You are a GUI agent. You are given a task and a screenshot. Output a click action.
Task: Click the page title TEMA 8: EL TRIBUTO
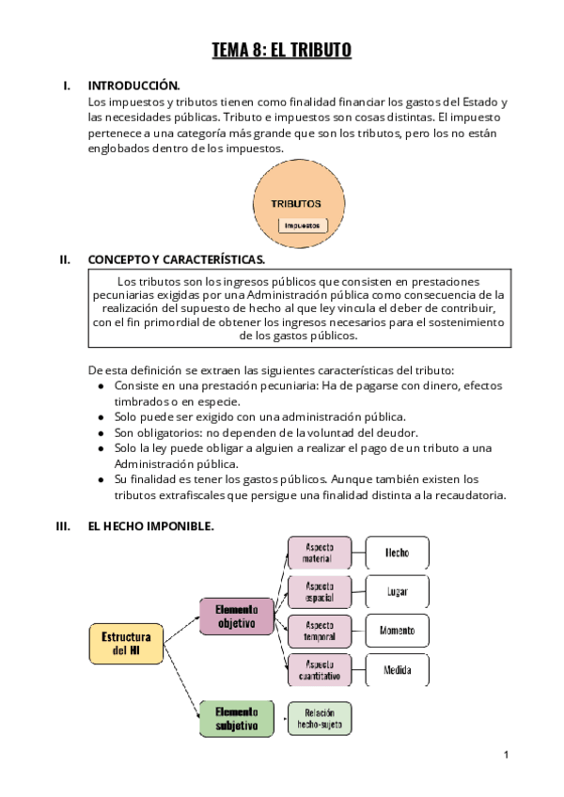(282, 51)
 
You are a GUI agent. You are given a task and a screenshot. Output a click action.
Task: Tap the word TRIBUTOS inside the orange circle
(296, 203)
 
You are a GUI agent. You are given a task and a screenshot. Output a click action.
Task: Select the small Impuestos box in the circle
(303, 225)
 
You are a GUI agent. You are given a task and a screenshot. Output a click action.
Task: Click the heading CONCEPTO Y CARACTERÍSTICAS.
(176, 259)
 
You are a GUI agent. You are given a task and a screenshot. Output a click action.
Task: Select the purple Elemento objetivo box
(236, 616)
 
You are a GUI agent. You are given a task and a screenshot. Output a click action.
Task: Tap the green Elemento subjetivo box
(236, 717)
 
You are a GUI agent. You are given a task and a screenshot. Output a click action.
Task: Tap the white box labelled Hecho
(397, 553)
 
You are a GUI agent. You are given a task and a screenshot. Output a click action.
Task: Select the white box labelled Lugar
(397, 591)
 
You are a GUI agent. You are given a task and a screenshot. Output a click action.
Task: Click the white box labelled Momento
(397, 630)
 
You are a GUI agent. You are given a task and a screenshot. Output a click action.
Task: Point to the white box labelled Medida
(397, 668)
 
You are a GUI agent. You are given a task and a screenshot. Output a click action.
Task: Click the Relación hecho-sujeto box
(320, 718)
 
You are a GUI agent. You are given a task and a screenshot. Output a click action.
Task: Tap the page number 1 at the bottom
(506, 755)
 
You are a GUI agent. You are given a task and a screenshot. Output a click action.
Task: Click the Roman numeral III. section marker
(64, 526)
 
